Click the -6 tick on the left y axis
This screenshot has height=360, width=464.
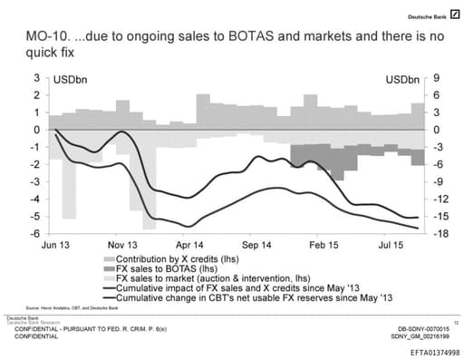click(x=36, y=234)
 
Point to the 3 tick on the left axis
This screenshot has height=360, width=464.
click(x=38, y=78)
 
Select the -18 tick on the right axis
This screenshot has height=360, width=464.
click(x=441, y=234)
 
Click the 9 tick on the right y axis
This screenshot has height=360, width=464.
click(x=438, y=78)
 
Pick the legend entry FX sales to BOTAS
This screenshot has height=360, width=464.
click(x=162, y=269)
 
